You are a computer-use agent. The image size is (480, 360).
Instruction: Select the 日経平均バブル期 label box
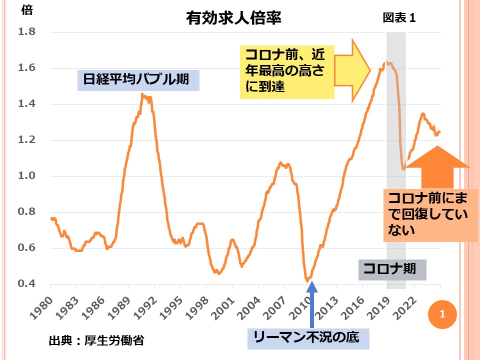tap(138, 80)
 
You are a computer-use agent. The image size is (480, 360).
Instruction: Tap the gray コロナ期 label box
tap(392, 269)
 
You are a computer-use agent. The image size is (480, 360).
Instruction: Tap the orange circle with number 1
tap(441, 314)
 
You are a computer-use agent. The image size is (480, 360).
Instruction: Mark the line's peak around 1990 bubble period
tap(142, 94)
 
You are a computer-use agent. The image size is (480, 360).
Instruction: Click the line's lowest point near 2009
tap(307, 281)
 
